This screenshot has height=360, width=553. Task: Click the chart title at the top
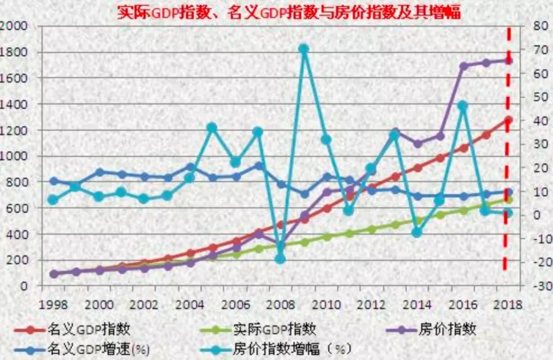288,12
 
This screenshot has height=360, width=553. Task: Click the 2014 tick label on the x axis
417,305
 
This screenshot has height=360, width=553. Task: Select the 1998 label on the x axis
54,305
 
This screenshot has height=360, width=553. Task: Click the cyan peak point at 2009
303,49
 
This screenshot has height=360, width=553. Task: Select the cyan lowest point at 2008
280,259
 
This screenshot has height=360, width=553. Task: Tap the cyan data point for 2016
462,105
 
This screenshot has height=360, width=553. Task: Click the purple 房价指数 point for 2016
463,66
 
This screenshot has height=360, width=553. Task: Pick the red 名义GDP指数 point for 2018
508,120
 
